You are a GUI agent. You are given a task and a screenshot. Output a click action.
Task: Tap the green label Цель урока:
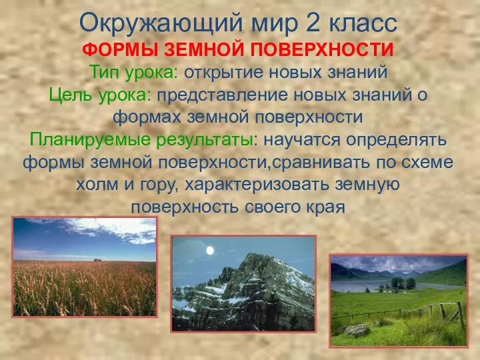(x=101, y=95)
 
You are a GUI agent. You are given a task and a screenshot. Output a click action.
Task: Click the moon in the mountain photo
(x=210, y=251)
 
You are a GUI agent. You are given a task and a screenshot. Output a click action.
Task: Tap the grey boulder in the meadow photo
(x=357, y=329)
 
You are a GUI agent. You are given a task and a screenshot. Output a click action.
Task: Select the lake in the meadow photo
(x=373, y=285)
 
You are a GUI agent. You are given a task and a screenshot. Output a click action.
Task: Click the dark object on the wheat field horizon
(x=98, y=259)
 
